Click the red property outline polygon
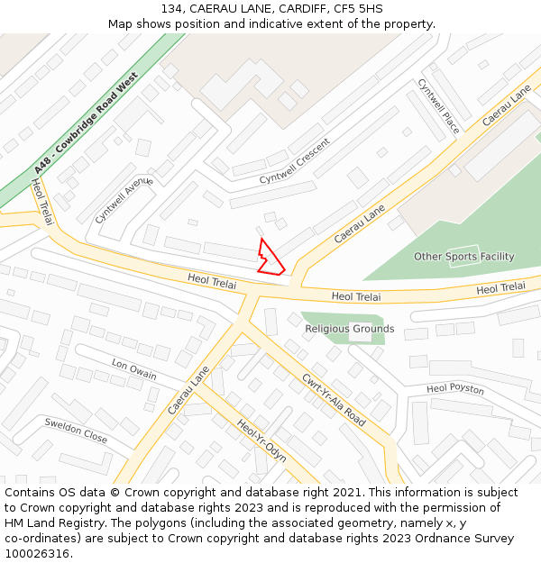point(270,258)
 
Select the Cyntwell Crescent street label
point(295,162)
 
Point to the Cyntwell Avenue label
point(124,200)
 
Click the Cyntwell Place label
point(439,106)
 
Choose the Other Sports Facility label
point(463,257)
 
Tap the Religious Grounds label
point(349,329)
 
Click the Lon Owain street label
point(133,369)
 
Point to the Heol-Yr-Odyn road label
point(261,440)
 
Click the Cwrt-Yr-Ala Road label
point(334,400)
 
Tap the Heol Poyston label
point(455,389)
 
